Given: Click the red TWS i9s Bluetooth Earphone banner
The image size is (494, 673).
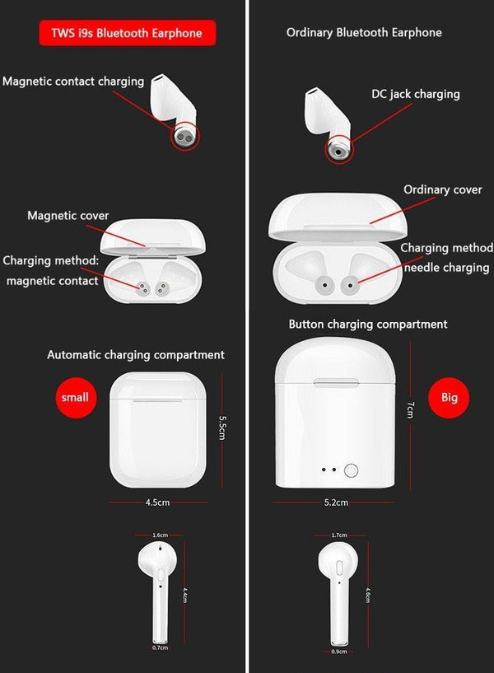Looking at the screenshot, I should (x=128, y=33).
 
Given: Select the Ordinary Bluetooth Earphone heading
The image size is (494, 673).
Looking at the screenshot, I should (x=364, y=33).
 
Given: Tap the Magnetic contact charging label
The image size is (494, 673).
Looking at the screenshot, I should (x=73, y=82).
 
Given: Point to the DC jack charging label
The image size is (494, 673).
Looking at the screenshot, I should (x=415, y=94).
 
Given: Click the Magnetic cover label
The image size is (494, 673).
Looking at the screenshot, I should (x=68, y=216).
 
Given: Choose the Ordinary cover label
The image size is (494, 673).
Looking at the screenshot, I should (x=442, y=189).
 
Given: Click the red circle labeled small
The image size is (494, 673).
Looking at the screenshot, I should (x=75, y=397).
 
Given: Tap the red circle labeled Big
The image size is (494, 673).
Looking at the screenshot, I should (x=449, y=397).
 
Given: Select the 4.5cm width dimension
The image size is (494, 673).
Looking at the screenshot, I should (x=157, y=502).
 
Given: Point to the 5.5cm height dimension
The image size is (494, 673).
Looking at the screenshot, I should (x=222, y=428).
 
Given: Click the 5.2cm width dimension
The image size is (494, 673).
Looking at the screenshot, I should (x=336, y=502).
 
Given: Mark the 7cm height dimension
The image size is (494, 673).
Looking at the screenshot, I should (x=409, y=409).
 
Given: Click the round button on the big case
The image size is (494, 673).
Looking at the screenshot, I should (x=352, y=471).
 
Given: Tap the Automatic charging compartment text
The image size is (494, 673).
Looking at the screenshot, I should (x=136, y=355).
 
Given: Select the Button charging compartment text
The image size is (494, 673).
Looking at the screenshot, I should (x=368, y=325).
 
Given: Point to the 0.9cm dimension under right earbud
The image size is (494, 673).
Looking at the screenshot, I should (x=338, y=651).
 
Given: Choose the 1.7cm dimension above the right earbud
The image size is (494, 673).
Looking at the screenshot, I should (x=338, y=535).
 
